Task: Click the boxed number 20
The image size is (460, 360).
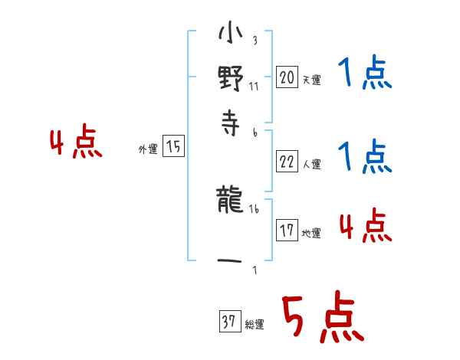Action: click(x=287, y=77)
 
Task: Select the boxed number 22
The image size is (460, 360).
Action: click(x=287, y=162)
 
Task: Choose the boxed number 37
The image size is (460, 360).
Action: click(x=228, y=322)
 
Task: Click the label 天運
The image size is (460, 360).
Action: click(x=311, y=80)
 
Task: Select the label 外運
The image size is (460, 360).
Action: click(x=148, y=150)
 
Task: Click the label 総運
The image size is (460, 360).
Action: click(x=254, y=325)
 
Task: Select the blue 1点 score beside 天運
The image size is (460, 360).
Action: click(x=365, y=74)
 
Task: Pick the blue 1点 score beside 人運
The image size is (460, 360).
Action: click(x=365, y=157)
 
